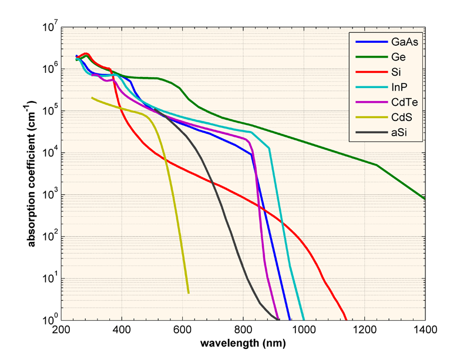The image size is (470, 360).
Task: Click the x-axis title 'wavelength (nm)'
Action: [243, 342]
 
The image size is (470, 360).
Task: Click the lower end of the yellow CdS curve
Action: [188, 292]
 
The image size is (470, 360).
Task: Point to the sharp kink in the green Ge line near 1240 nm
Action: [377, 165]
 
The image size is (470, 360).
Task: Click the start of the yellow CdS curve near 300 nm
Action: [92, 97]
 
